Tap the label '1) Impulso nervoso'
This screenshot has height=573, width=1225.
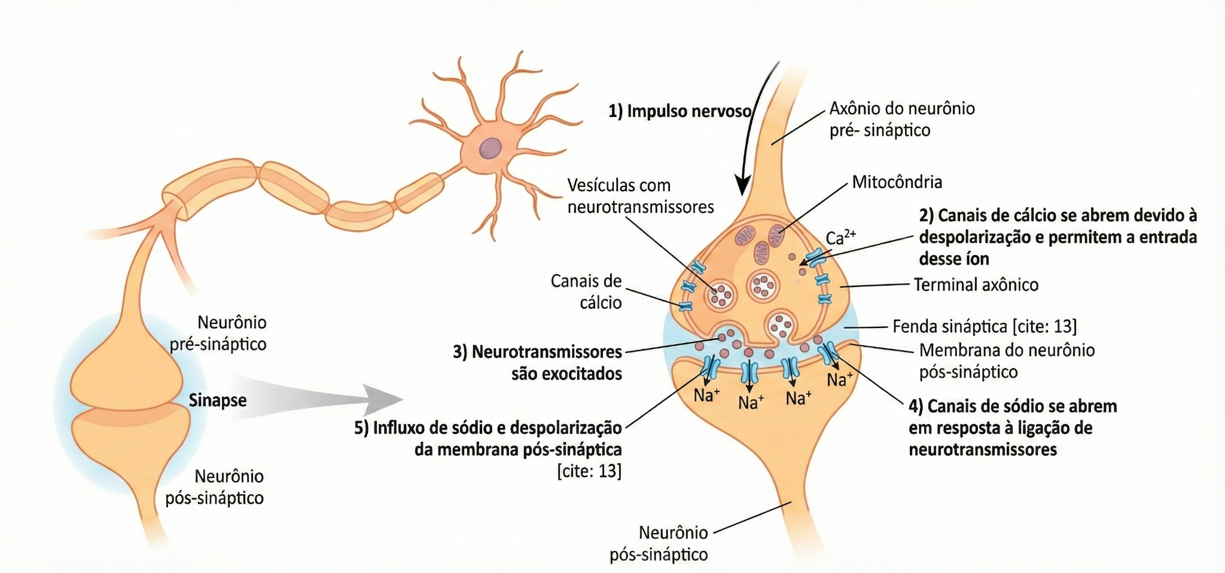pyautogui.click(x=679, y=111)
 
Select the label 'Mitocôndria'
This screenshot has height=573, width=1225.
pyautogui.click(x=897, y=182)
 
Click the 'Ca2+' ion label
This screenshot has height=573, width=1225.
pyautogui.click(x=840, y=237)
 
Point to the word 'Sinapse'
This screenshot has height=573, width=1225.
pyautogui.click(x=218, y=400)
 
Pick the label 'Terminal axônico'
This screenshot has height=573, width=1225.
pyautogui.click(x=976, y=284)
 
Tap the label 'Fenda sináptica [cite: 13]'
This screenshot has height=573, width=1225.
pyautogui.click(x=985, y=326)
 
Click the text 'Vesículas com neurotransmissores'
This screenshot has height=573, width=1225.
pyautogui.click(x=641, y=196)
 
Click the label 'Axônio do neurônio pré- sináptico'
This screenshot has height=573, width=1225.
pyautogui.click(x=902, y=119)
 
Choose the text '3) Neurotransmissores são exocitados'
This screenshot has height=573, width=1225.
pyautogui.click(x=537, y=363)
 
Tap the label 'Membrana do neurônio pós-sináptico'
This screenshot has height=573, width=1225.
pyautogui.click(x=1007, y=361)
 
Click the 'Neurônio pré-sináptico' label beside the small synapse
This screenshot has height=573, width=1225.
pyautogui.click(x=218, y=333)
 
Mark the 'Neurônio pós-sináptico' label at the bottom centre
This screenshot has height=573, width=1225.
pyautogui.click(x=659, y=543)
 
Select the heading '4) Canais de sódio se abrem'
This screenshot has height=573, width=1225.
pyautogui.click(x=1013, y=406)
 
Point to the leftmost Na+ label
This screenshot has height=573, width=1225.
pyautogui.click(x=706, y=395)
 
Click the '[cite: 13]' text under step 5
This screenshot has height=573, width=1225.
pyautogui.click(x=589, y=471)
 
